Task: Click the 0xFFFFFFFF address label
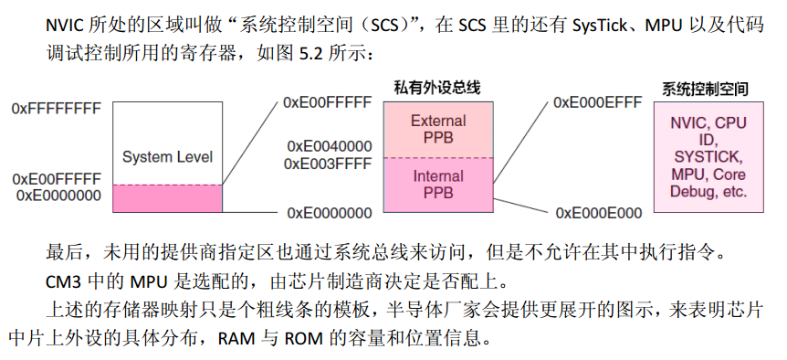(56, 108)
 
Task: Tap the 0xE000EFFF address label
(597, 103)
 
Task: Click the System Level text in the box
(167, 157)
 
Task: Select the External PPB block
(437, 129)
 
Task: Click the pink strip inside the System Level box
(167, 198)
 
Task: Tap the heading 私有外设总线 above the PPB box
(437, 88)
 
